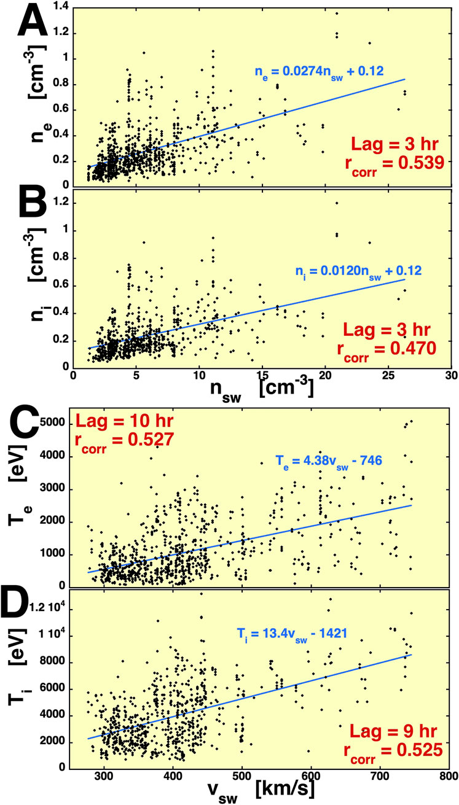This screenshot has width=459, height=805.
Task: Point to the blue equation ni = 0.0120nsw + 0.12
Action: [326, 270]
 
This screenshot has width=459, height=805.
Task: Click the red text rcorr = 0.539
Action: [399, 171]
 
